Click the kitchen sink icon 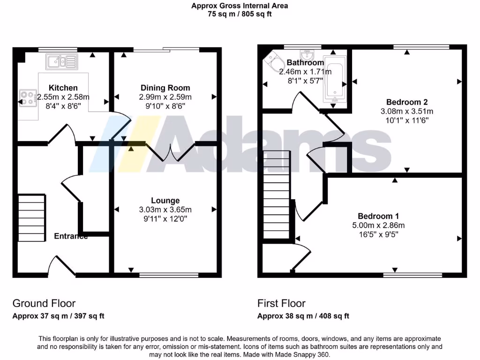coord(61,61)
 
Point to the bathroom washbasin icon coord(308,53)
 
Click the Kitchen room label coord(63,88)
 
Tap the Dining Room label coord(165,88)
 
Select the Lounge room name coord(165,201)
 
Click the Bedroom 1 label coord(378,216)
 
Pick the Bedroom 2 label coord(406,102)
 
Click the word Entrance coord(71,236)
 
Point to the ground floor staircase coord(32,218)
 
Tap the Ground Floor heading coord(44,303)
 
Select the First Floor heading coord(281,303)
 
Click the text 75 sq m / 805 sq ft coord(240,14)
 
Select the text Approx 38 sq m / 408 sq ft coord(303,316)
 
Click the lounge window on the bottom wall coord(169,274)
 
